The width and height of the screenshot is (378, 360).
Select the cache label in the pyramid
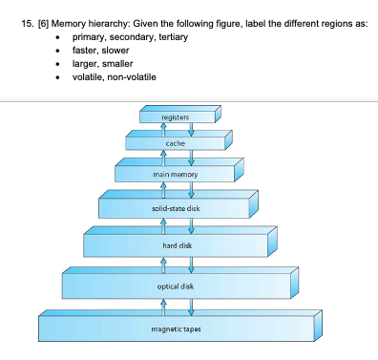click(x=175, y=143)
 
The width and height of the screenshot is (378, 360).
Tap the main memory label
click(x=175, y=175)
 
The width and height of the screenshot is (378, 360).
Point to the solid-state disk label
click(x=175, y=208)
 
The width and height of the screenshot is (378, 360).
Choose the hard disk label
click(x=175, y=245)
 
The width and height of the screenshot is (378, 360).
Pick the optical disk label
click(x=175, y=286)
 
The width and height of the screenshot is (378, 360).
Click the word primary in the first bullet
click(x=88, y=36)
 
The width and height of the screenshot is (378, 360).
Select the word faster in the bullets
click(x=87, y=50)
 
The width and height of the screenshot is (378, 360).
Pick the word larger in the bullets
click(x=87, y=63)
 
